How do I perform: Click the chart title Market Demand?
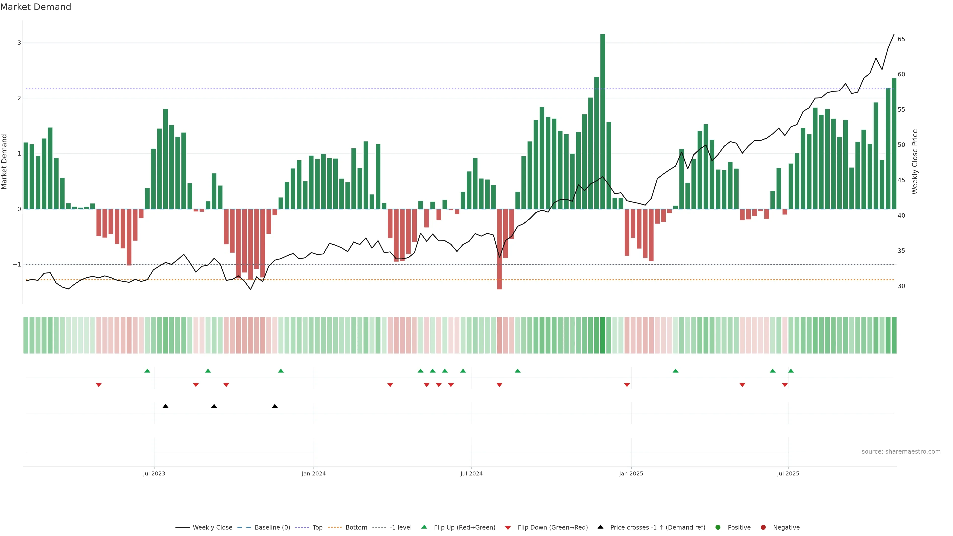pos(35,7)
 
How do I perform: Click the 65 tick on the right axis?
pos(901,39)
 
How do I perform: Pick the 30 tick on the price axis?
pos(901,286)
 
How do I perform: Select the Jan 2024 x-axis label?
pos(313,473)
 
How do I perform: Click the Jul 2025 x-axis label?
pos(788,473)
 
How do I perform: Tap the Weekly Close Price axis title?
pos(915,162)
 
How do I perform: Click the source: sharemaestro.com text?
pos(901,452)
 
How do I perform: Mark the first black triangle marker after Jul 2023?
pos(165,406)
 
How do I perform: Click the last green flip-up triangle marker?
pos(791,371)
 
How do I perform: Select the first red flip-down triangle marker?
pos(99,385)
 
